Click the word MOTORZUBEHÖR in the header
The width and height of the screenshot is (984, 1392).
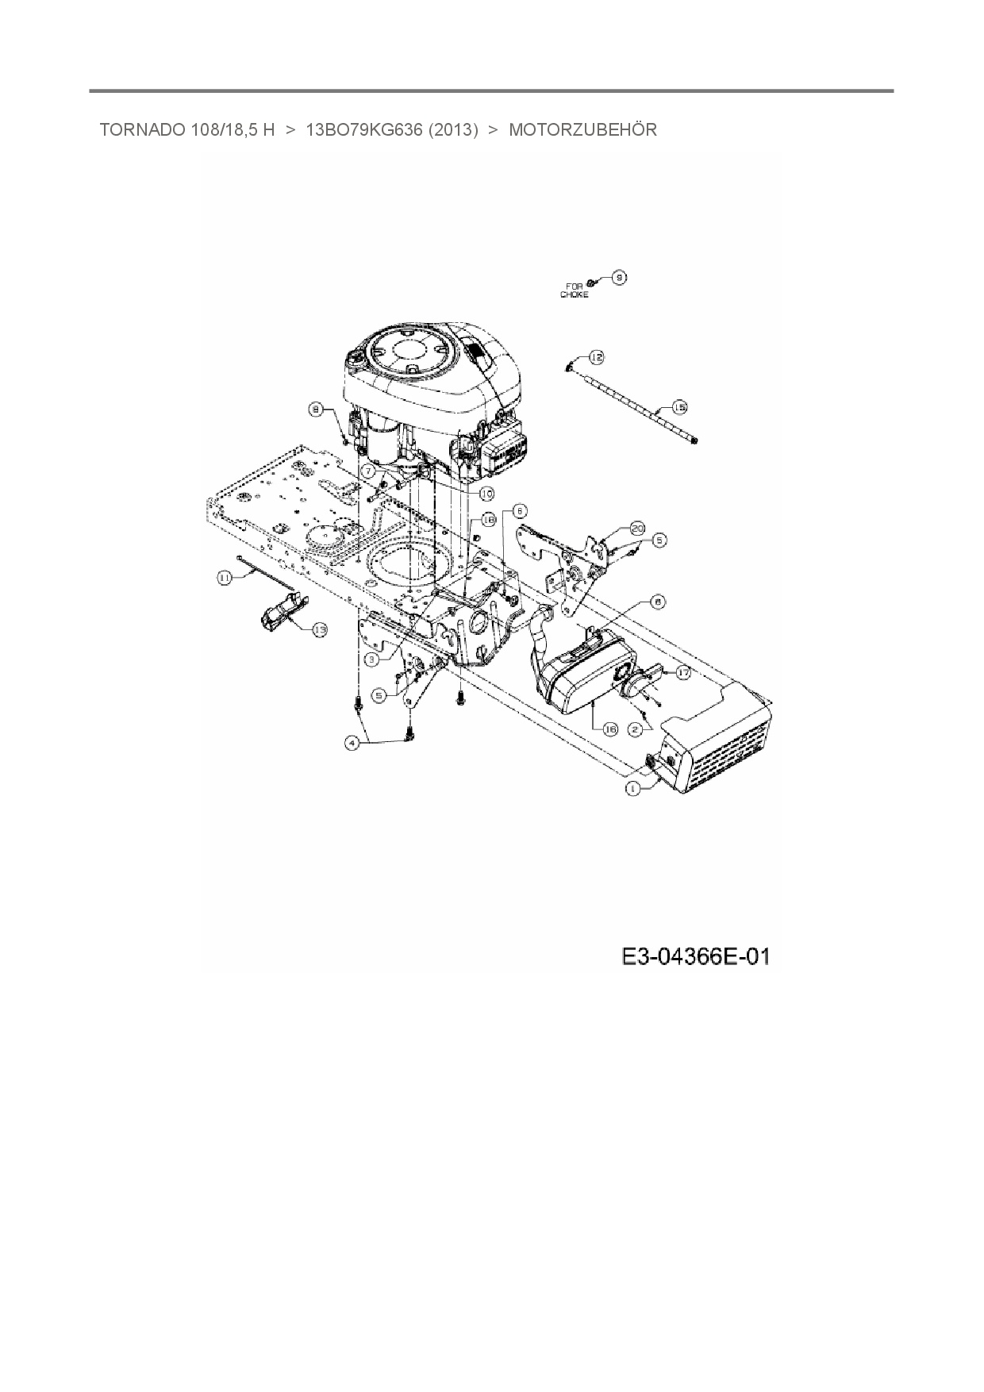pos(582,130)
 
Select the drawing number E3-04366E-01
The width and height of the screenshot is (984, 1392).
pos(695,957)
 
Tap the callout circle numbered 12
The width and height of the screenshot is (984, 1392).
pos(596,358)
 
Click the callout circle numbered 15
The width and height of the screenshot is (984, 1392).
pos(679,407)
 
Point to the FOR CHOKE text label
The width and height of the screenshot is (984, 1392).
pos(575,290)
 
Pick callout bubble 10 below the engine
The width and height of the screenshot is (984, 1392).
pos(486,493)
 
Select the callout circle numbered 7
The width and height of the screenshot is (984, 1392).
pos(368,471)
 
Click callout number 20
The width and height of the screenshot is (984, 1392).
pos(637,528)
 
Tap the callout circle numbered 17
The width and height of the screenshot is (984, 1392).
pos(682,671)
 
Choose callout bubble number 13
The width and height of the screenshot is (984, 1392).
pos(319,629)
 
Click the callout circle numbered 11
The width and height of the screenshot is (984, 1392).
pos(225,579)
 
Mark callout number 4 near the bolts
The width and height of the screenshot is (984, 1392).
pos(352,743)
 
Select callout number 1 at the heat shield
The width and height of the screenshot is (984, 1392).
pos(632,788)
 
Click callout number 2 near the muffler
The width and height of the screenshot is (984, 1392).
pos(635,728)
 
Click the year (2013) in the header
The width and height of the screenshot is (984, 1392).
pos(453,130)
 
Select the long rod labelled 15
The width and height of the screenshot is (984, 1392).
pos(635,401)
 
